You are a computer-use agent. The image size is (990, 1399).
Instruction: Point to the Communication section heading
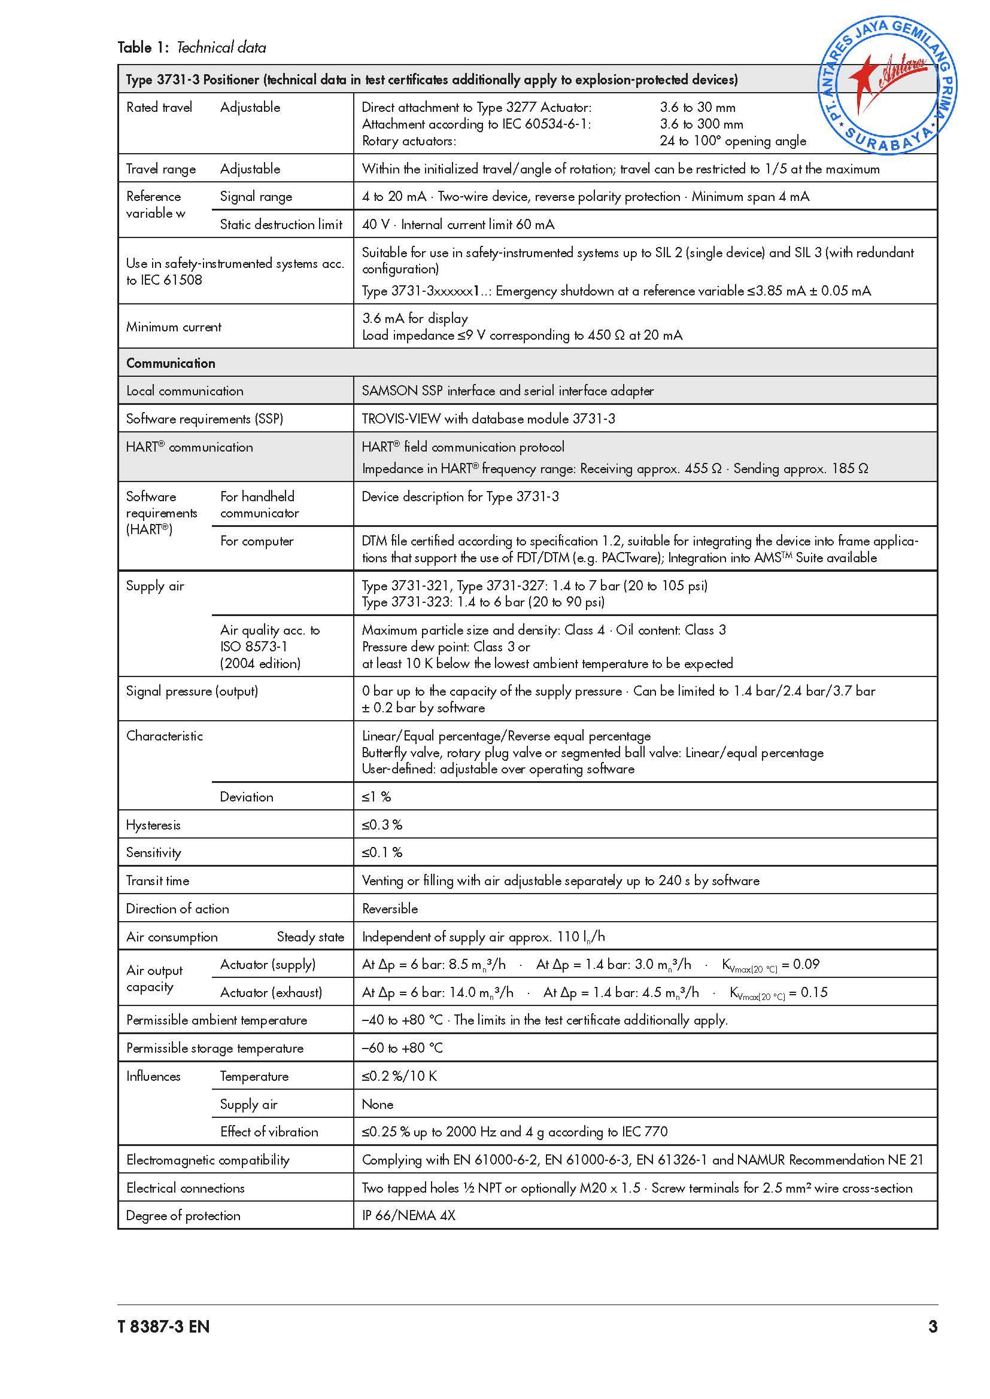point(171,363)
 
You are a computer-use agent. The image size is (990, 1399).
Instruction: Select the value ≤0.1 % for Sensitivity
point(382,852)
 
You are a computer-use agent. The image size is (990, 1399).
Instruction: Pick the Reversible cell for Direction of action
point(390,909)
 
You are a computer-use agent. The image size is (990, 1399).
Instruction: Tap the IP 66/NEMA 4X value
point(408,1215)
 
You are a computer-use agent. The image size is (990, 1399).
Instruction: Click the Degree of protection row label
point(183,1215)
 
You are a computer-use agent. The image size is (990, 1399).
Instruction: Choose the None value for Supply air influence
point(377,1104)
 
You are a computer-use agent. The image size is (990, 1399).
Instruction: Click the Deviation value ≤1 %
point(376,797)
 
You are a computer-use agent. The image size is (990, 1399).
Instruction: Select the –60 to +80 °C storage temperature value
point(402,1048)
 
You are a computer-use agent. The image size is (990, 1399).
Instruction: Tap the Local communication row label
point(185,391)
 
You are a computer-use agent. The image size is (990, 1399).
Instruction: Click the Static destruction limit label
point(281,225)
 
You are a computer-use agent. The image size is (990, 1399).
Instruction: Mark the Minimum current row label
point(174,327)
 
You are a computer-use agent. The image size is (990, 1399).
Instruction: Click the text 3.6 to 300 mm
point(701,124)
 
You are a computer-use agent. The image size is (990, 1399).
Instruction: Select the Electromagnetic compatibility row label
point(207,1160)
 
